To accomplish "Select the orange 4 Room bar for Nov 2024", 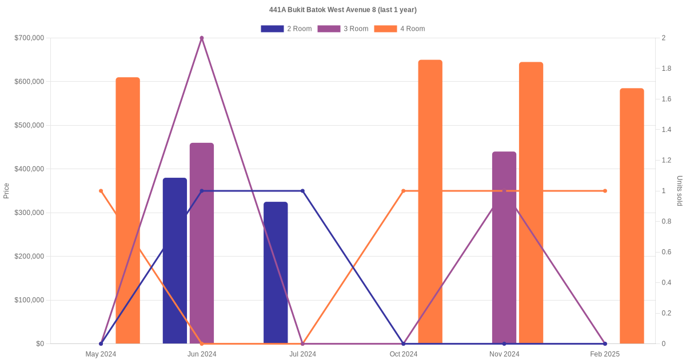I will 531,203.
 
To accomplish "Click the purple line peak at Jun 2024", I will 202,38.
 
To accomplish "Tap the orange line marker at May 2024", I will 101,191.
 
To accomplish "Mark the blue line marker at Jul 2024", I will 302,191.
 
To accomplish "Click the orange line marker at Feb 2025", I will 605,191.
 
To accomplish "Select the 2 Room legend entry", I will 286,29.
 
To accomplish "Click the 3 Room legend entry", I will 342,29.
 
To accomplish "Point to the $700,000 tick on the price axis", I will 29,38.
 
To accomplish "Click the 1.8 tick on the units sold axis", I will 667,69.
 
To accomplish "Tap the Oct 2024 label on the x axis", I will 404,354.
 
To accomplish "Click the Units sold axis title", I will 679,191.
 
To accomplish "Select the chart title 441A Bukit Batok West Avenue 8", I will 343,10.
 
